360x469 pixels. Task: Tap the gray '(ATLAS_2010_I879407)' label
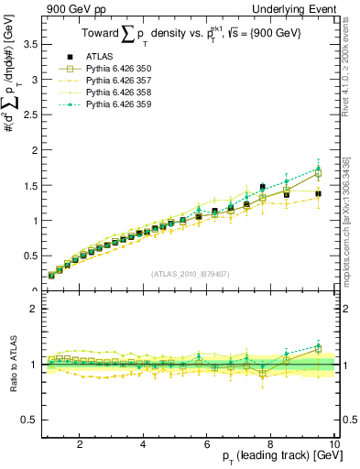[x=190, y=274]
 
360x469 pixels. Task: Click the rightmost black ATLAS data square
[x=318, y=194]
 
